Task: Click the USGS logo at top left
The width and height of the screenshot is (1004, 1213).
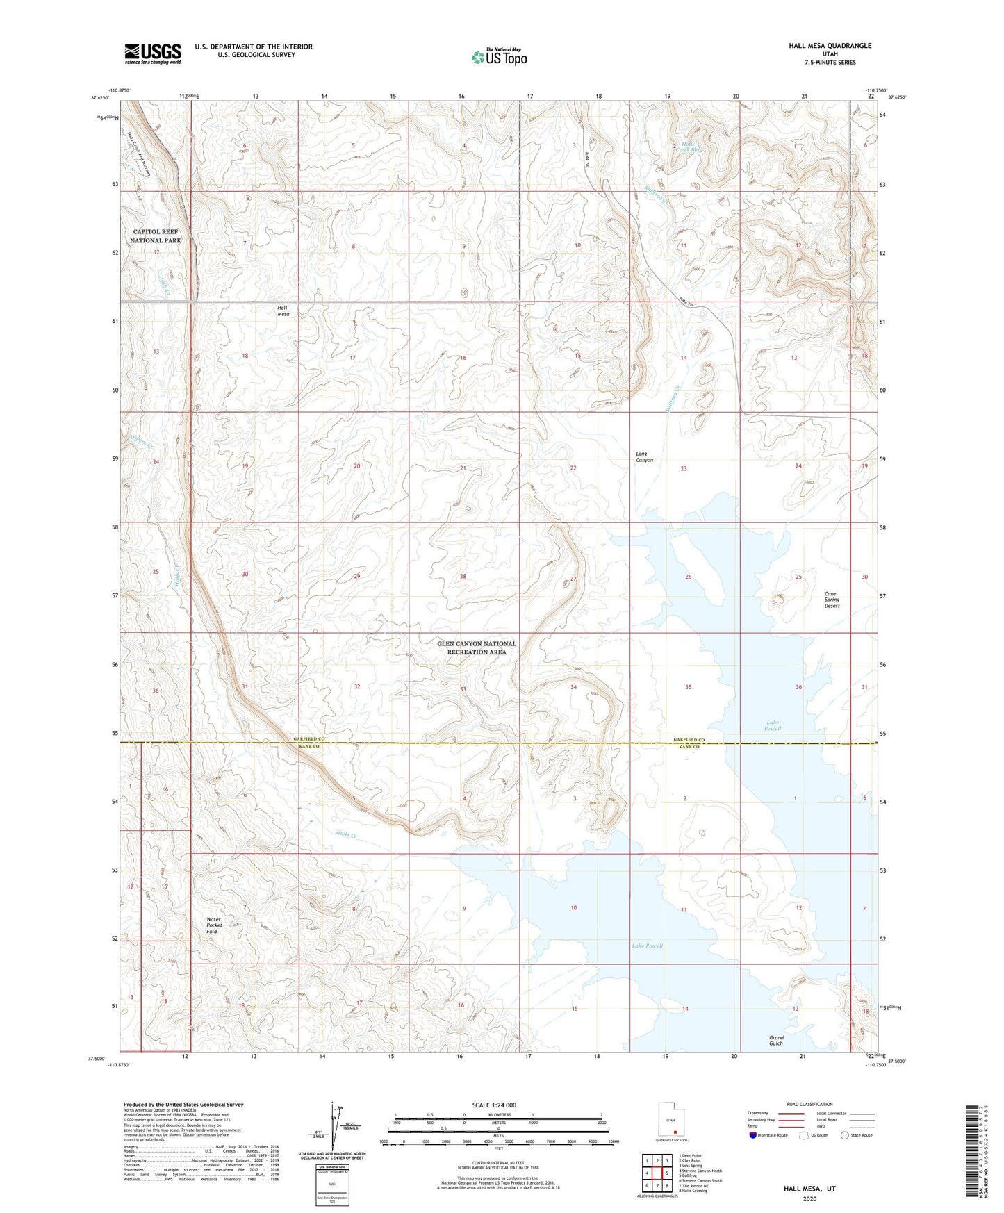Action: (x=153, y=53)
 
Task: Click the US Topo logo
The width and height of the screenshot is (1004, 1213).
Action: (x=499, y=57)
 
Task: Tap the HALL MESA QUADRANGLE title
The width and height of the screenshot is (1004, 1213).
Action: (x=830, y=46)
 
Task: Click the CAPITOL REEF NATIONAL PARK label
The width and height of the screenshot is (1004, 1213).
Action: (x=156, y=236)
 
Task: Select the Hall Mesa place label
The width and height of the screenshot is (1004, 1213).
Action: (x=283, y=311)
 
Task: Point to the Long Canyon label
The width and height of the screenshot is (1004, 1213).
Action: (x=644, y=457)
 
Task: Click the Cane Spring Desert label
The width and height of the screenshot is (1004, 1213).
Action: (x=832, y=600)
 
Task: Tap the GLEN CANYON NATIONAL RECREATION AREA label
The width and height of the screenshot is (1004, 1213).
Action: (x=477, y=647)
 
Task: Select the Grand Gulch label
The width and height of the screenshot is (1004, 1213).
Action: (x=776, y=1040)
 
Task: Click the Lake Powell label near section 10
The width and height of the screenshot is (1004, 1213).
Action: (x=647, y=946)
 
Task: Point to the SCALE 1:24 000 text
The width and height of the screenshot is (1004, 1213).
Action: (x=494, y=1105)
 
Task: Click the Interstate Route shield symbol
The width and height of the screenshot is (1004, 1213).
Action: (x=755, y=1135)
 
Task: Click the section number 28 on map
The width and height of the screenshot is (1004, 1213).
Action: (x=463, y=577)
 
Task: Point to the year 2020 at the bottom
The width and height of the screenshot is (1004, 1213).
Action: (x=809, y=1198)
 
